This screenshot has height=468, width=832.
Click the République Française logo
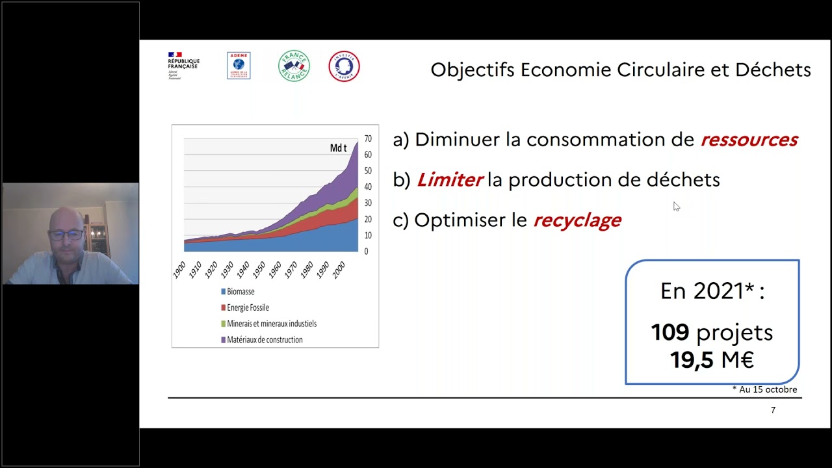point(183,66)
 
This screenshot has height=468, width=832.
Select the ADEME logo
point(239,66)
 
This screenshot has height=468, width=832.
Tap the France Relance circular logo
point(294,66)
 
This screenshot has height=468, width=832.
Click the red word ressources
point(749,140)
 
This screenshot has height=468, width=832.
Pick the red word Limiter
point(450,180)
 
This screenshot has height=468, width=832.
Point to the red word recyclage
point(577,220)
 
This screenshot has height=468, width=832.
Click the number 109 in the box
point(670,333)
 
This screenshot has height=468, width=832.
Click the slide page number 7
point(773,410)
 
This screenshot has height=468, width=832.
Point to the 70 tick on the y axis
point(368,138)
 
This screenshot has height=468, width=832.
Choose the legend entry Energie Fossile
point(248,307)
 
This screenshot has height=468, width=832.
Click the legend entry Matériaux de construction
point(265,339)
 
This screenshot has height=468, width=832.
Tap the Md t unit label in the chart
point(338,148)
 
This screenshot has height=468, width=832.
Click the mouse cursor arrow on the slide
point(676,206)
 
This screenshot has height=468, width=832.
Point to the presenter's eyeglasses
point(66,234)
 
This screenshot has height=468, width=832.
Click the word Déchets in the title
point(773,70)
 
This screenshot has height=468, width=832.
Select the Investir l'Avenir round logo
point(344,66)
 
